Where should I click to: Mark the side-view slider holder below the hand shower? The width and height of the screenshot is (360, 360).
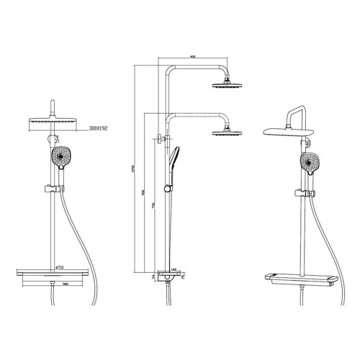(169, 188)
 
